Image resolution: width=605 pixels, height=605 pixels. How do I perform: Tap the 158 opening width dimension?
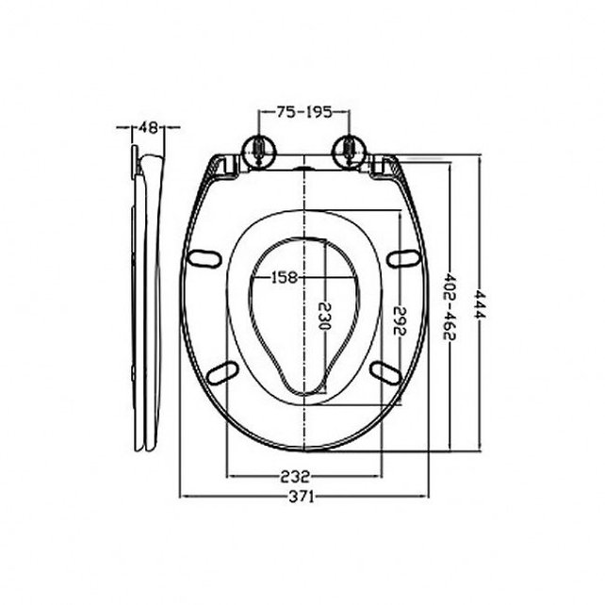tap(284, 278)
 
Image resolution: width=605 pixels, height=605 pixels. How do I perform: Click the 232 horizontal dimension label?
tap(302, 476)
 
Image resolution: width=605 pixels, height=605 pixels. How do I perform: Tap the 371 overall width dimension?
tap(302, 496)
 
